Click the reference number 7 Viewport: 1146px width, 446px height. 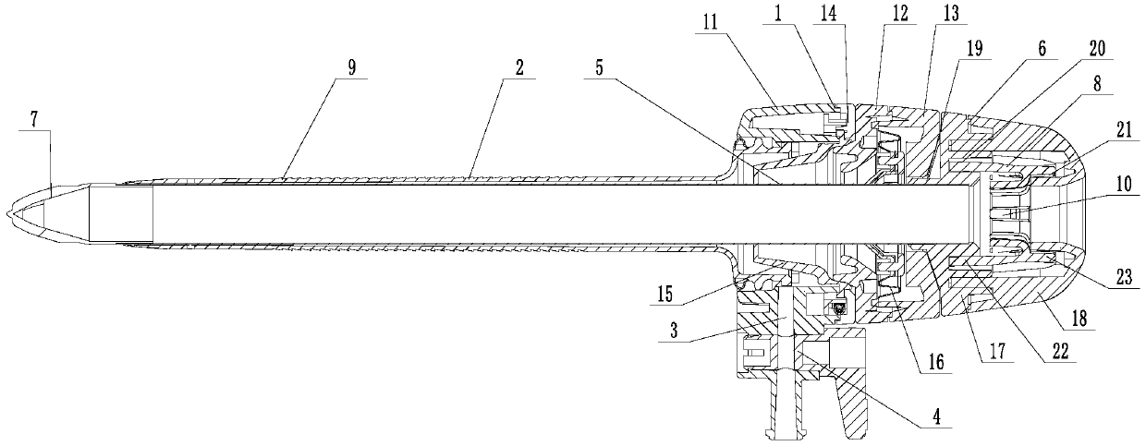(x=33, y=123)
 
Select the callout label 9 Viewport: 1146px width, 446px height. (x=352, y=68)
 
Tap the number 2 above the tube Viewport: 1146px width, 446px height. (x=520, y=68)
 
